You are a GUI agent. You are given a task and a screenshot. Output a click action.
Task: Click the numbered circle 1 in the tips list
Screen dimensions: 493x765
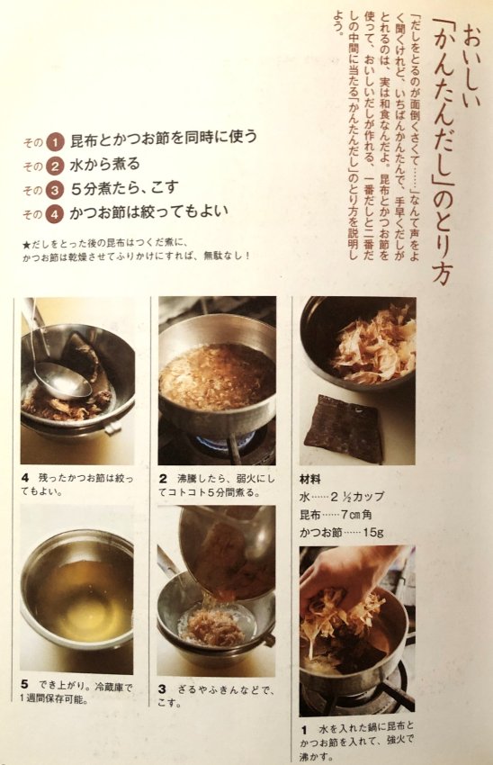(55, 142)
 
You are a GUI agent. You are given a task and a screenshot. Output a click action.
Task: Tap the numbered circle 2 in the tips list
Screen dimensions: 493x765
(55, 166)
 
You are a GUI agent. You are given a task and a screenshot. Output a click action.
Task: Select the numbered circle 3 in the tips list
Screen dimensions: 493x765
(55, 190)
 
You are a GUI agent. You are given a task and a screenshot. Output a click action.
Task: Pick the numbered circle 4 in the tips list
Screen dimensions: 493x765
(55, 213)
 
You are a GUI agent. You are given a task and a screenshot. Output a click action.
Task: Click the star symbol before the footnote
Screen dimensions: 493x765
(26, 245)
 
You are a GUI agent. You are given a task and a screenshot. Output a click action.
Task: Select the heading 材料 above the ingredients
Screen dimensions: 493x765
(309, 480)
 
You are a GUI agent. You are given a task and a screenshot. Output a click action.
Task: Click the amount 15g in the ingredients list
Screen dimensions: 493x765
(372, 532)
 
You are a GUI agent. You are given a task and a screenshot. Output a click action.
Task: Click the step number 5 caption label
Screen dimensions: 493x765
(24, 685)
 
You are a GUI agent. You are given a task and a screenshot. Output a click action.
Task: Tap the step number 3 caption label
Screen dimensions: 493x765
(162, 688)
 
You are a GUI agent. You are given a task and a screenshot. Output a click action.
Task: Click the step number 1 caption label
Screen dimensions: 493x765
(304, 731)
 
